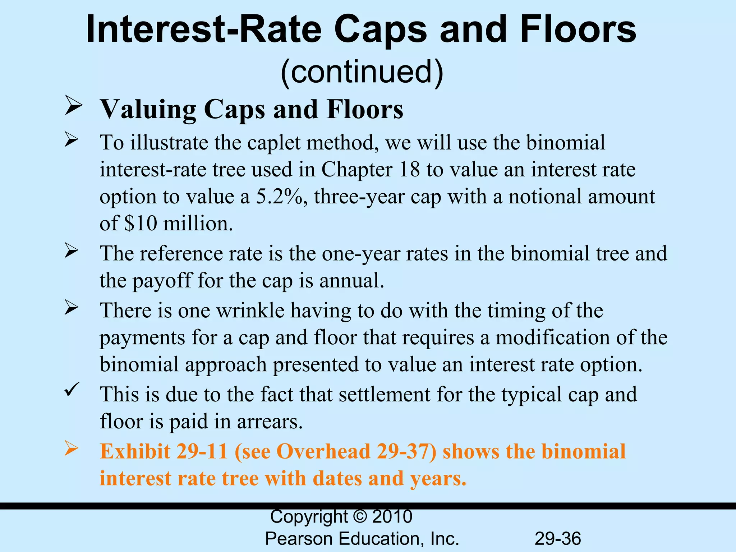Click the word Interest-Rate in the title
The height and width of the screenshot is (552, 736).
(203, 29)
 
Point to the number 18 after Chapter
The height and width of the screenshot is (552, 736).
(409, 169)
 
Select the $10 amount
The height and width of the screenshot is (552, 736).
(141, 224)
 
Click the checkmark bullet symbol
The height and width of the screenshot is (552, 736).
(72, 389)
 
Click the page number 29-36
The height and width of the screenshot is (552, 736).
(558, 539)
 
